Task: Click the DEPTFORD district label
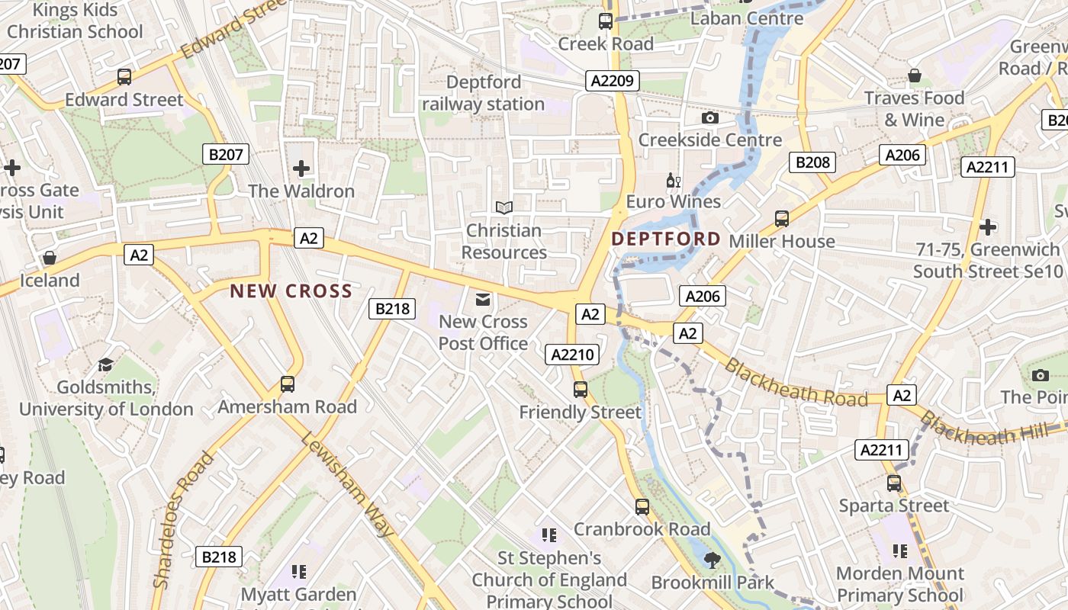(665, 239)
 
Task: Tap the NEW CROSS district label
(291, 291)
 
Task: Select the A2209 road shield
(613, 80)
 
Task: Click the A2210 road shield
(573, 354)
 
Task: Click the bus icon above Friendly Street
(581, 390)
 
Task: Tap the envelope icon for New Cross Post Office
(483, 299)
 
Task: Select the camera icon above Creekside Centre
(710, 117)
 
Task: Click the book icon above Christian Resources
(503, 207)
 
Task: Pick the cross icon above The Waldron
(301, 168)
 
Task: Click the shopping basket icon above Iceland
(50, 258)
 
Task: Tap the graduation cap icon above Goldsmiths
(105, 364)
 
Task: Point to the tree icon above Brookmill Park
(713, 560)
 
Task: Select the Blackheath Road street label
(796, 383)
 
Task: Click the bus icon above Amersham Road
(288, 384)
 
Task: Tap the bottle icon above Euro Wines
(673, 181)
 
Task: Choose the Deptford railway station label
(484, 92)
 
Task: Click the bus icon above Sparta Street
(894, 483)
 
